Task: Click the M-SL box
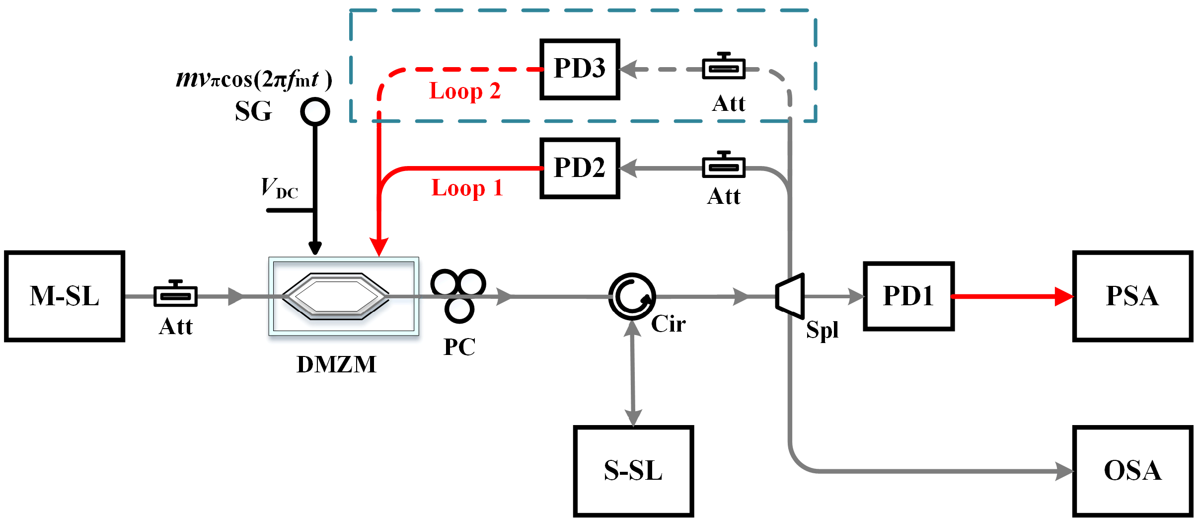click(65, 296)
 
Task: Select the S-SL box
click(633, 470)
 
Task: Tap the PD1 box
click(908, 296)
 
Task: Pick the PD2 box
click(580, 168)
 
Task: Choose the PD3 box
click(580, 69)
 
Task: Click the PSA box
click(1132, 296)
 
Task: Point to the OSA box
click(1132, 470)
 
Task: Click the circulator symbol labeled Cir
click(632, 296)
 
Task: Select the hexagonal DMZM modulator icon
click(336, 296)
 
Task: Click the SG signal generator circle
click(315, 111)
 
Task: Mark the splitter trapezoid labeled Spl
click(790, 296)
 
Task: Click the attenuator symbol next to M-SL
click(176, 295)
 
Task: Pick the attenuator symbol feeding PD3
click(724, 68)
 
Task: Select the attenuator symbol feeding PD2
click(724, 167)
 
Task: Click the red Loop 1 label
click(467, 188)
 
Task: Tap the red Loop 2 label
click(465, 91)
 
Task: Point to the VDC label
click(280, 189)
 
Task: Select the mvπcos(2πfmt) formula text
click(254, 80)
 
